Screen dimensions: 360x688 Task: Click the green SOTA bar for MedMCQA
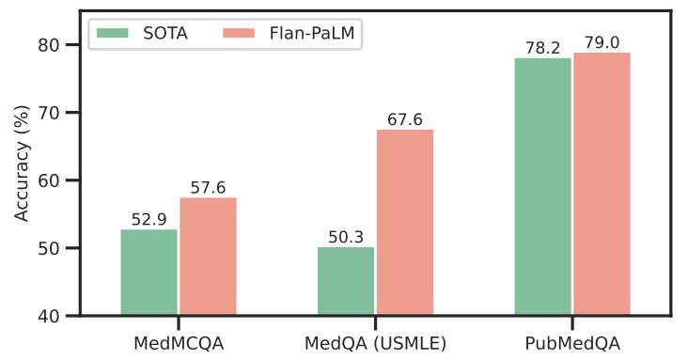point(149,273)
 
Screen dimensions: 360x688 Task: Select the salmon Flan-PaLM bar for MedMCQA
point(208,257)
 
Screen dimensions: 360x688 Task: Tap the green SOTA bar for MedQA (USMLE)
point(346,281)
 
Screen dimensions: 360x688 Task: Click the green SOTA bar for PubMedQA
point(543,187)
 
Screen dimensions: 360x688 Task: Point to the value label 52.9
point(149,219)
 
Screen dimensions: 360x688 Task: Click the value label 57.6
point(208,187)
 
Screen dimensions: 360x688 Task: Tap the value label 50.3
point(346,237)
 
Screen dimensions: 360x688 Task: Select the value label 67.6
point(405,119)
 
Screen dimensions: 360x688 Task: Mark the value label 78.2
point(543,48)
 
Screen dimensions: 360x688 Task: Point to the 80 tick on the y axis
point(55,45)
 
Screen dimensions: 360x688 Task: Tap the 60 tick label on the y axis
point(55,180)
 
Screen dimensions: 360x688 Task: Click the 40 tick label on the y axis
point(55,316)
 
